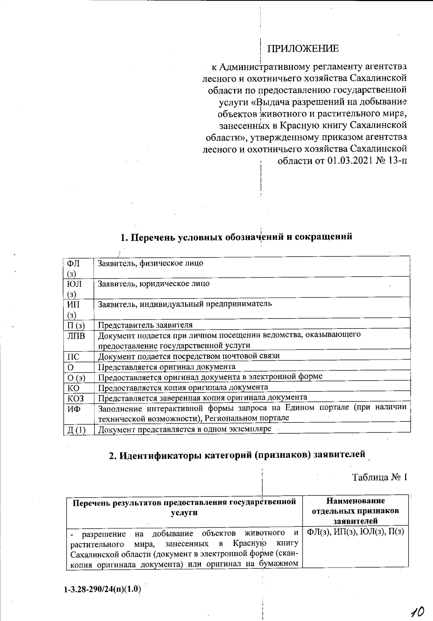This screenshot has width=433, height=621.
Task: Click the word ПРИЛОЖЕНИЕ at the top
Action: click(303, 49)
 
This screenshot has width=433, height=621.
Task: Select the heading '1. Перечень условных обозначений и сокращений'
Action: click(236, 237)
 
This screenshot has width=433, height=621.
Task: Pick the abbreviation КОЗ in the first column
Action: click(75, 399)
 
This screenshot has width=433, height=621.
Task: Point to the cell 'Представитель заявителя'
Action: click(145, 325)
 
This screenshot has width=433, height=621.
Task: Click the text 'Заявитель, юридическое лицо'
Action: click(154, 283)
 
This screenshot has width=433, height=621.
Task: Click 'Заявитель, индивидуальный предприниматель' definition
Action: click(185, 304)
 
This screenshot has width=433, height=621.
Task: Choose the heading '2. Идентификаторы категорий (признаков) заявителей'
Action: click(237, 455)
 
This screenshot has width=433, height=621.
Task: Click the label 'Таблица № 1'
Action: click(380, 477)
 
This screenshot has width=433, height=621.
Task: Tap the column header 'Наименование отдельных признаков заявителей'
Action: click(355, 511)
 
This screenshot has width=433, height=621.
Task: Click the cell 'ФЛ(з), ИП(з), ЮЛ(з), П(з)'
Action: click(355, 532)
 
